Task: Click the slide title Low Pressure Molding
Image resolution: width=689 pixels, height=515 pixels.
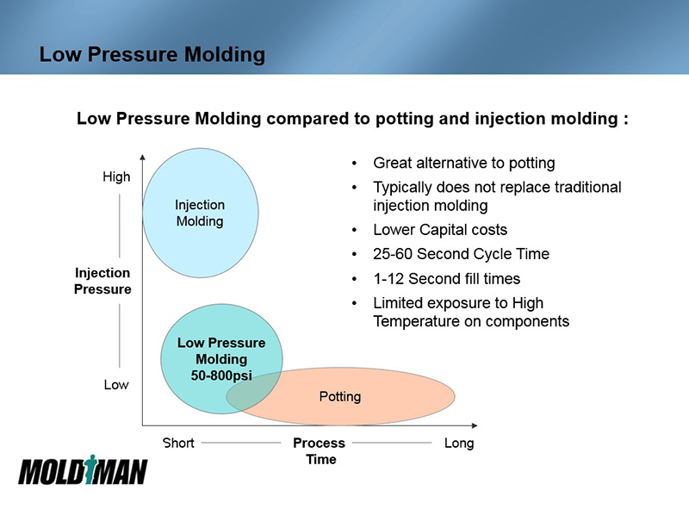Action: click(152, 54)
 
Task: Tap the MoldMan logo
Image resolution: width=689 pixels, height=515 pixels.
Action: click(83, 471)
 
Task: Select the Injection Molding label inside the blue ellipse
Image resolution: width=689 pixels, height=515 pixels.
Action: click(200, 213)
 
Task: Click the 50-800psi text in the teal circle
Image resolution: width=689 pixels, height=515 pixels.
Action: click(221, 375)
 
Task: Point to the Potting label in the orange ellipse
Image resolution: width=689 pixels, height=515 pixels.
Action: click(339, 396)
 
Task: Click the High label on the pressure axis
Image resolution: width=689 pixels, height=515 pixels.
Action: click(116, 177)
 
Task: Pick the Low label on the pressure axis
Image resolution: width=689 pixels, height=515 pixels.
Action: click(116, 385)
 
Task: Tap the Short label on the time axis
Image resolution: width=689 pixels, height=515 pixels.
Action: click(178, 443)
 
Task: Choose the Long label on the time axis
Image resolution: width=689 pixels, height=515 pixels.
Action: click(459, 443)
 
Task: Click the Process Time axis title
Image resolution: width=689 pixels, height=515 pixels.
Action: click(319, 450)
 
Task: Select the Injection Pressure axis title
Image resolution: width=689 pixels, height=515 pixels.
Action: click(103, 282)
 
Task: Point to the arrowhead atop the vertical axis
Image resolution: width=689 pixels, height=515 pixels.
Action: click(142, 158)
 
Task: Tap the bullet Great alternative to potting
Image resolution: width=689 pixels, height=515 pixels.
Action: click(463, 163)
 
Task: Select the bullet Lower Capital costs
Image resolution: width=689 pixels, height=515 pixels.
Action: click(439, 230)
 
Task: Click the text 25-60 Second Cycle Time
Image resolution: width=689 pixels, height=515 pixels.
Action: click(461, 254)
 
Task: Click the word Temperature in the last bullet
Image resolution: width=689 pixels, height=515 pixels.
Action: click(417, 321)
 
